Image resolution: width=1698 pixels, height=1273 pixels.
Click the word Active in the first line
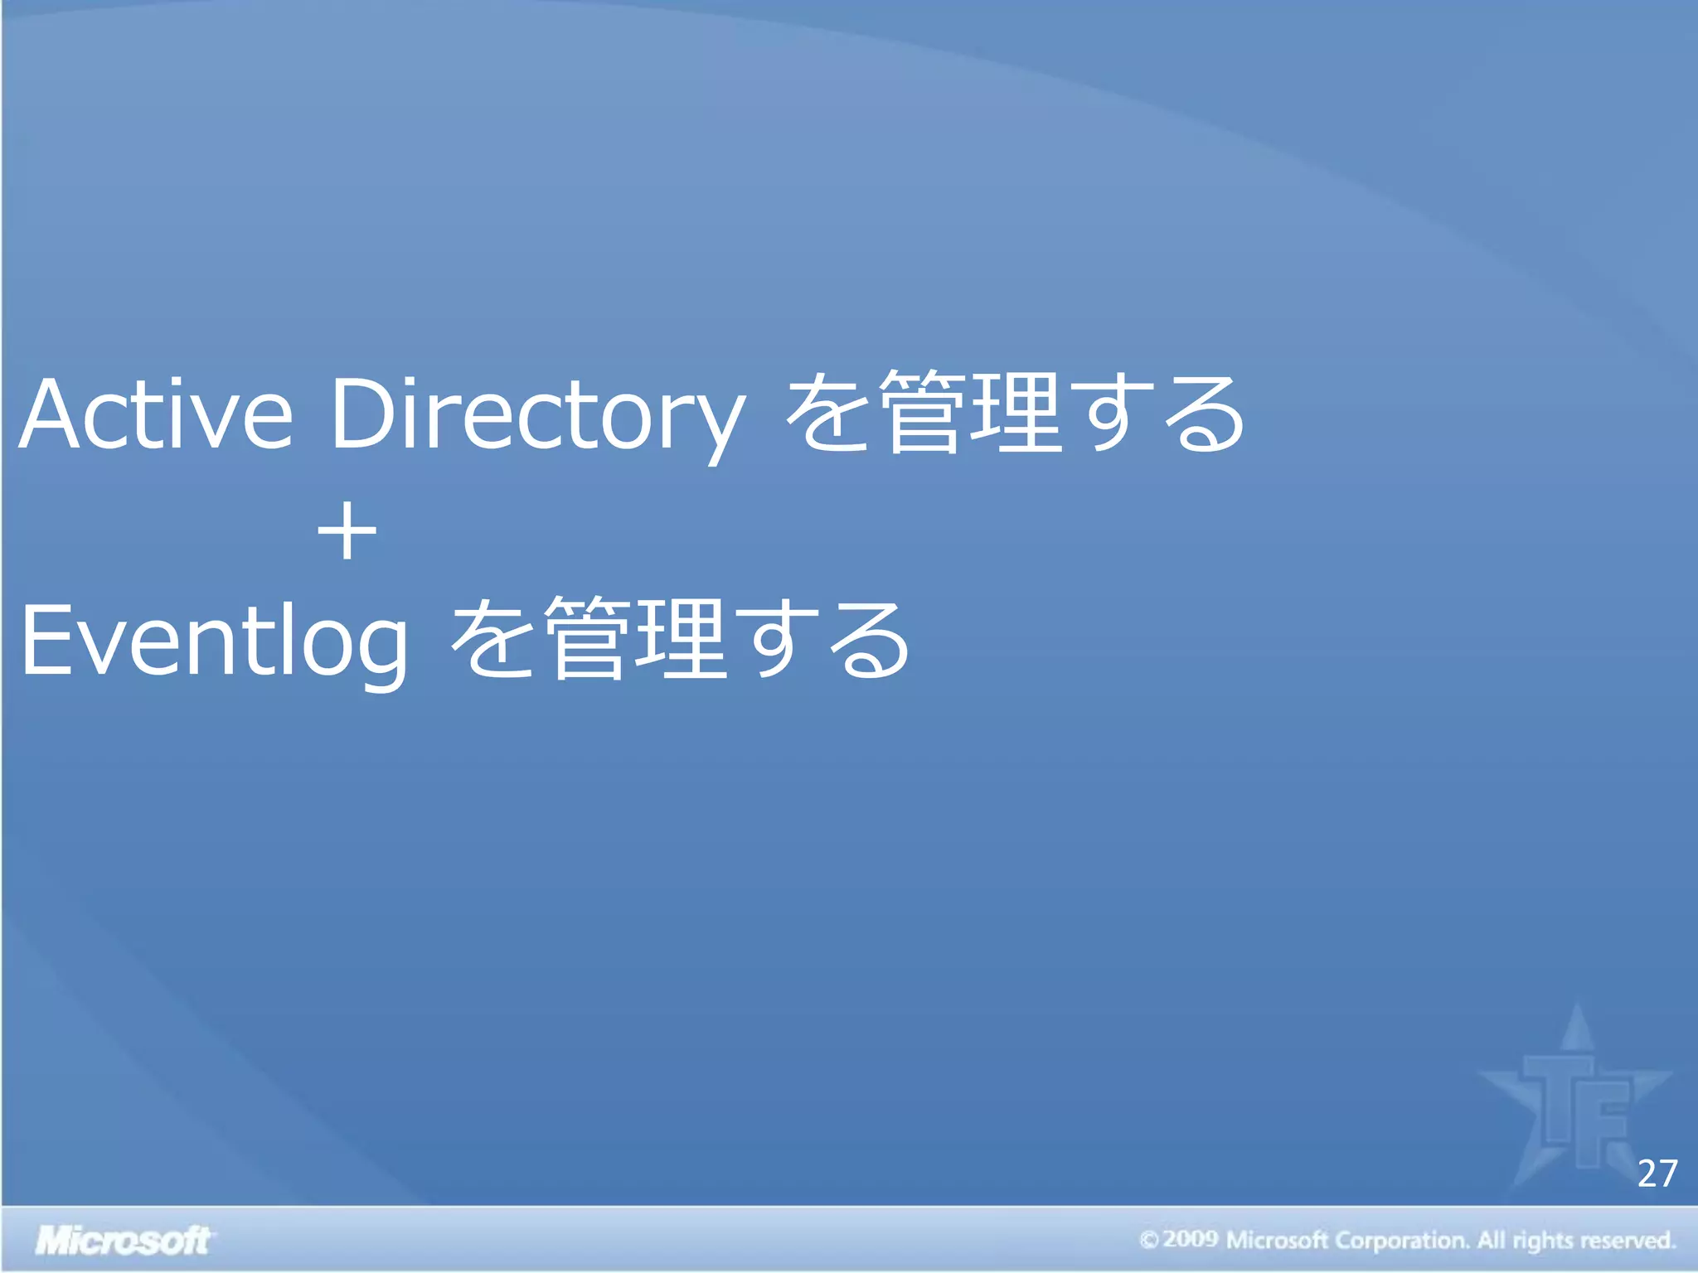click(x=156, y=414)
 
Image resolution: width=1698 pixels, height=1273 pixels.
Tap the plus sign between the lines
click(x=347, y=531)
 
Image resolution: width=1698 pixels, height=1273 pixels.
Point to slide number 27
click(x=1657, y=1174)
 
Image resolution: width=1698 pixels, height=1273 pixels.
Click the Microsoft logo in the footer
click(x=124, y=1241)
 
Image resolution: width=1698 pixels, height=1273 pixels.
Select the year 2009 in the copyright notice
click(x=1190, y=1240)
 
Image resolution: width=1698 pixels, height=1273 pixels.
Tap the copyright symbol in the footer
click(x=1148, y=1241)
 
